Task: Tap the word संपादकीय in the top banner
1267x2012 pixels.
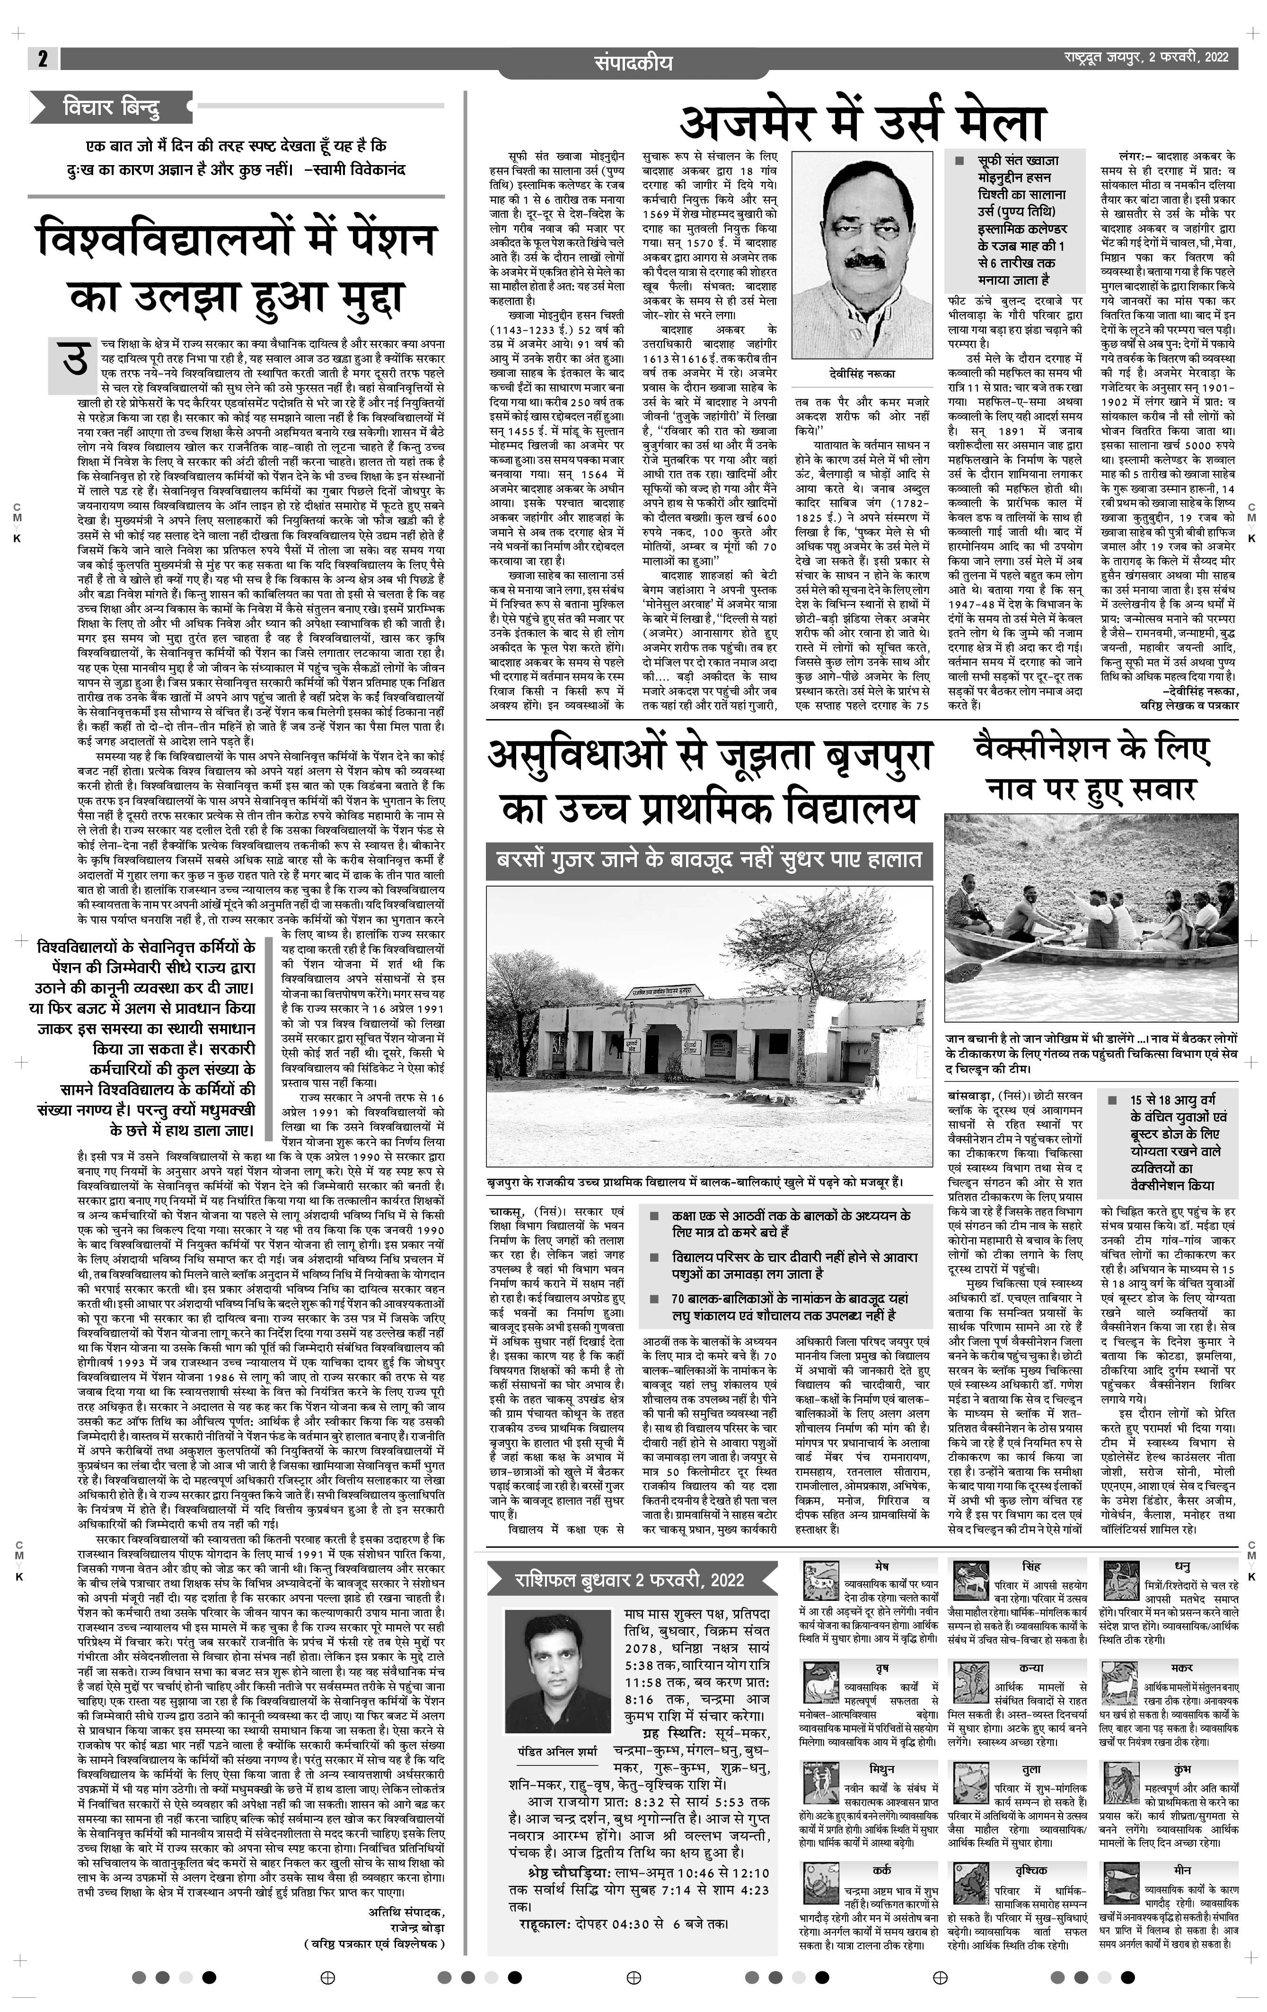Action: click(x=633, y=62)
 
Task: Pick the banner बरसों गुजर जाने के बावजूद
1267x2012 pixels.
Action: click(x=709, y=860)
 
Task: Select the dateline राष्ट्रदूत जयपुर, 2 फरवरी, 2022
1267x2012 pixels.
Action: click(x=1145, y=58)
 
